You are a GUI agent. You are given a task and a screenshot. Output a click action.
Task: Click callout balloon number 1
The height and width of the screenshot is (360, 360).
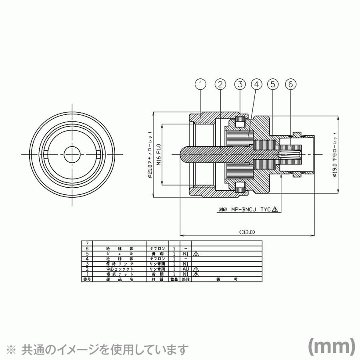click(x=201, y=84)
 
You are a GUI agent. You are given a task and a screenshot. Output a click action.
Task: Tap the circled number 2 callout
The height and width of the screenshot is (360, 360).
click(x=220, y=84)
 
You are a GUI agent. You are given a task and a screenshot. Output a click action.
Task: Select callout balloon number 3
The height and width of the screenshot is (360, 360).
click(x=240, y=84)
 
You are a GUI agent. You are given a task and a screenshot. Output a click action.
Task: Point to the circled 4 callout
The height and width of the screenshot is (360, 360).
click(x=256, y=84)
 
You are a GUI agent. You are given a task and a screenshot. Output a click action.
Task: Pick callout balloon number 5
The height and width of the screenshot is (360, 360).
click(x=273, y=84)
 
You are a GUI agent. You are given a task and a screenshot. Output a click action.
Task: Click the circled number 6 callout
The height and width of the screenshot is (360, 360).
click(x=291, y=84)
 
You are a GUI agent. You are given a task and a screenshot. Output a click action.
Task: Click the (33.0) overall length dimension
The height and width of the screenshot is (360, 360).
click(x=247, y=232)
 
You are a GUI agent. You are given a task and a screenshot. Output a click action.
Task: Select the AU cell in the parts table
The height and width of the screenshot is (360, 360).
click(x=186, y=269)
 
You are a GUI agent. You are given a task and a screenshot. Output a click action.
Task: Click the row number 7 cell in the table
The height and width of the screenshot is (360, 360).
click(x=87, y=243)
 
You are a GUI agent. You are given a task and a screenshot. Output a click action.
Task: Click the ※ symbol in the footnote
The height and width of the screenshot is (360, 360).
click(x=13, y=349)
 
